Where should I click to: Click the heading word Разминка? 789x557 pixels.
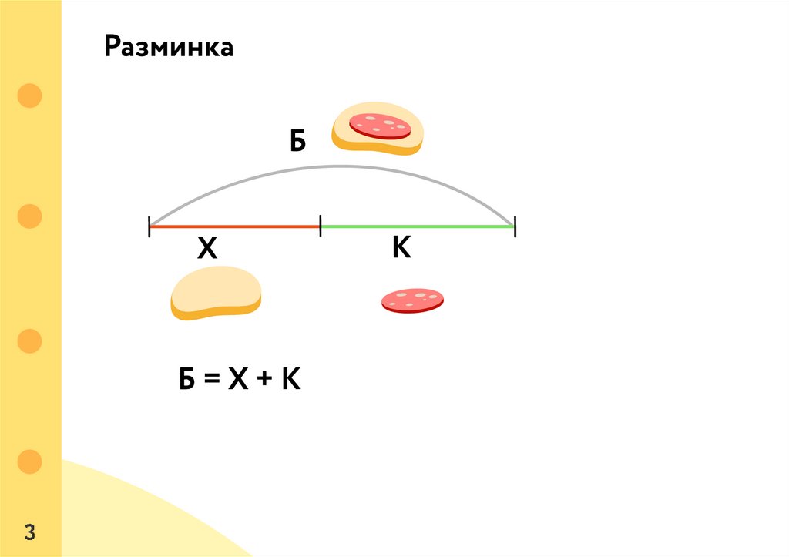[x=169, y=48]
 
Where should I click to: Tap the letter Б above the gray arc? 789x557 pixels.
[x=298, y=141]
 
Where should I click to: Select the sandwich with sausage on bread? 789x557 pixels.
[x=378, y=129]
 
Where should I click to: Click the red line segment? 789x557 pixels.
[x=234, y=226]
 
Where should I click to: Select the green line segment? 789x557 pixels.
[x=416, y=226]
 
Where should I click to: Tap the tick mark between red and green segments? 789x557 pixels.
[x=320, y=226]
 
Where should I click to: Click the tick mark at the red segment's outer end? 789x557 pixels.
[x=149, y=226]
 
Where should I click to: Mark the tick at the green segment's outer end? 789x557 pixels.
[x=514, y=226]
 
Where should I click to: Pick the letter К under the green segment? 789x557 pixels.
[x=401, y=247]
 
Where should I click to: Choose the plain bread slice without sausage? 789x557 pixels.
[x=216, y=293]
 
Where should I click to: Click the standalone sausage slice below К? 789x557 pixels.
[x=412, y=300]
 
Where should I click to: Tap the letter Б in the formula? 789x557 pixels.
[x=187, y=380]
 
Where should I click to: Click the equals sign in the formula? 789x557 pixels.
[x=212, y=381]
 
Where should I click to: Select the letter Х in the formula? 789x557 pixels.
[x=237, y=380]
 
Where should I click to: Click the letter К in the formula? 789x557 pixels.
[x=289, y=380]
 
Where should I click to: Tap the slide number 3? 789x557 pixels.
[x=30, y=532]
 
